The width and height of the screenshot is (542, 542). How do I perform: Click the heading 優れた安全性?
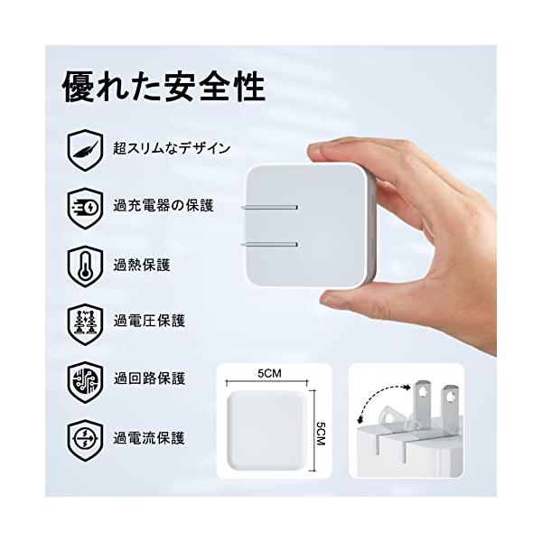pyautogui.click(x=164, y=87)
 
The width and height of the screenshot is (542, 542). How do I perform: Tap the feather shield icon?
pyautogui.click(x=85, y=150)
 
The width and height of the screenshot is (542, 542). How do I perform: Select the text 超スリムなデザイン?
pyautogui.click(x=172, y=149)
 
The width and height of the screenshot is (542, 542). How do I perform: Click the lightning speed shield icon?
pyautogui.click(x=85, y=208)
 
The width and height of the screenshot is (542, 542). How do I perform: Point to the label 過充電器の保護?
pyautogui.click(x=164, y=206)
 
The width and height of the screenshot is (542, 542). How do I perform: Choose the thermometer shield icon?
pyautogui.click(x=85, y=266)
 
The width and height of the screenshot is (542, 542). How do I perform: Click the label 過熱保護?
pyautogui.click(x=142, y=265)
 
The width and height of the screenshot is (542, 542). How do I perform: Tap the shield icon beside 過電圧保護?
pyautogui.click(x=85, y=324)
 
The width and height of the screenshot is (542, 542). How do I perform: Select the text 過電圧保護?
pyautogui.click(x=149, y=321)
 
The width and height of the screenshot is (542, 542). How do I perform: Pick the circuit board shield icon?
pyautogui.click(x=85, y=382)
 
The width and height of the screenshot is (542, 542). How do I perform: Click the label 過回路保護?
pyautogui.click(x=149, y=378)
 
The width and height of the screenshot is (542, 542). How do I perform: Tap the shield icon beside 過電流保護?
pyautogui.click(x=85, y=441)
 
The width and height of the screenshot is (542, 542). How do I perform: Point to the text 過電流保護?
pyautogui.click(x=149, y=438)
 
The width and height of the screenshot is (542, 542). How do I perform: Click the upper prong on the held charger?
pyautogui.click(x=270, y=208)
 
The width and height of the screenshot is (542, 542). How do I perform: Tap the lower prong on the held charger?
pyautogui.click(x=270, y=245)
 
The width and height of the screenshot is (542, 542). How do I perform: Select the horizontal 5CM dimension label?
pyautogui.click(x=269, y=373)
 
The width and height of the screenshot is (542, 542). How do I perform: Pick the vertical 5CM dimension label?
pyautogui.click(x=321, y=434)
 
